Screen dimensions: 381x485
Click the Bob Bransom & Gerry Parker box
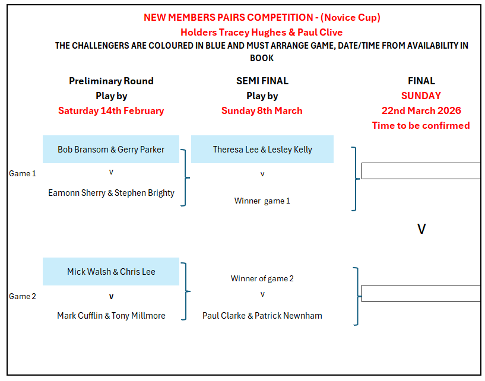click(x=111, y=150)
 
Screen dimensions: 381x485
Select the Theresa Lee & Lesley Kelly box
click(x=262, y=150)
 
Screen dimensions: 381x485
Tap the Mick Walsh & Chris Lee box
click(x=111, y=272)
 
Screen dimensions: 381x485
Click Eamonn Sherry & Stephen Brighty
click(x=111, y=193)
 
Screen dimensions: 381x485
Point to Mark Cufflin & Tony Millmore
click(x=111, y=316)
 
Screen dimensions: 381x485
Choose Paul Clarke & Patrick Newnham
click(x=262, y=316)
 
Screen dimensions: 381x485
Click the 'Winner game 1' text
click(x=262, y=201)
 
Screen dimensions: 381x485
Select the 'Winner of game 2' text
click(x=262, y=278)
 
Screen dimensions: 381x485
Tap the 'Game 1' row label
click(x=23, y=174)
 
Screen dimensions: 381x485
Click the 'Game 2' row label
click(x=23, y=297)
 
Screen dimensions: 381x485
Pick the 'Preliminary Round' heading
click(x=111, y=81)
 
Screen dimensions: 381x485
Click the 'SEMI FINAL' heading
click(x=262, y=81)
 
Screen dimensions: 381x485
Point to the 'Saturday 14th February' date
click(x=111, y=110)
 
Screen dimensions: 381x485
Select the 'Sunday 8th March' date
click(x=262, y=110)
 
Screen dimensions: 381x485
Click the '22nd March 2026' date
click(x=421, y=110)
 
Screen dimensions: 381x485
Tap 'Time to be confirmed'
click(x=421, y=125)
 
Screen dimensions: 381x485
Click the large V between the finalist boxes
click(x=421, y=229)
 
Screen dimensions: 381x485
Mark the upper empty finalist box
click(x=420, y=171)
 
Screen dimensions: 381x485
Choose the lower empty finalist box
click(x=420, y=293)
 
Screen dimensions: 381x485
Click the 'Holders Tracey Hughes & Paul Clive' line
click(x=262, y=32)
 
